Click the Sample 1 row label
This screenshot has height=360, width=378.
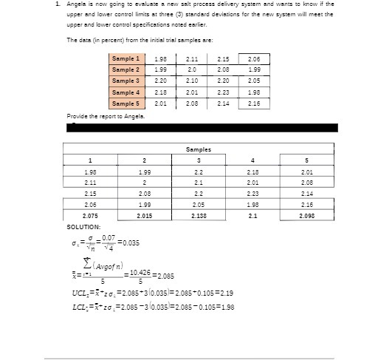coord(126,58)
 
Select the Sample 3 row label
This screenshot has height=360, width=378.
coord(126,81)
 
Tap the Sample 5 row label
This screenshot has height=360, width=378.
coord(126,103)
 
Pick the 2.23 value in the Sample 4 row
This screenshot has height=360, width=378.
coord(223,92)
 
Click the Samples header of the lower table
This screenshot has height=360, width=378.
coord(198,149)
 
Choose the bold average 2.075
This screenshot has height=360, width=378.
coord(90,215)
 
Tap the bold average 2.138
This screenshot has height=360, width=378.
coord(198,215)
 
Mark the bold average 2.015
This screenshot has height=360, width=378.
coord(145,215)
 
